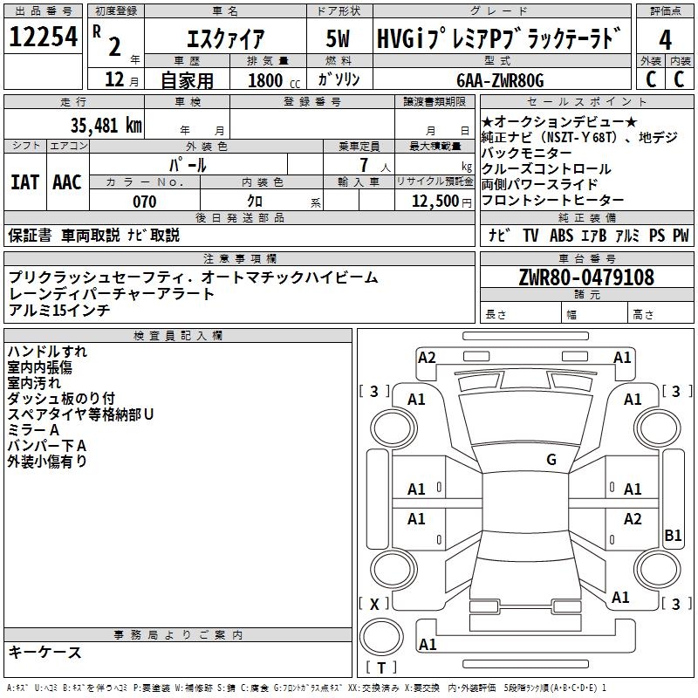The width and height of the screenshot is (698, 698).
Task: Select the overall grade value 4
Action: pos(665,40)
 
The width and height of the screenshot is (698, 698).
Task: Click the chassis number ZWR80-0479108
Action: pos(585,277)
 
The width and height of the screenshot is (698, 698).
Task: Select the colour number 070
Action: pos(144,202)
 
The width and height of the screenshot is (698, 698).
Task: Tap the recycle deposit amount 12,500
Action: pos(434,202)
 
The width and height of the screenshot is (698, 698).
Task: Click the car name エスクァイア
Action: pos(225,40)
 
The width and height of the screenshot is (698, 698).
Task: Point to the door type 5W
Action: pos(338,40)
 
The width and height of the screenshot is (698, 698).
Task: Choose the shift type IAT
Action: pos(24,182)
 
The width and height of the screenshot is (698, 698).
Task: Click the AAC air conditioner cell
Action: pos(66,182)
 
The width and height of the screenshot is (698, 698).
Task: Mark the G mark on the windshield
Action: pos(551,460)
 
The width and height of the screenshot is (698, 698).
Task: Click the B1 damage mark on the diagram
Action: pos(673,536)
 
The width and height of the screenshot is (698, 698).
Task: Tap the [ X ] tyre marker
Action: pos(375,604)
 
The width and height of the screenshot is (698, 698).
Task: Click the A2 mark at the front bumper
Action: pos(427,357)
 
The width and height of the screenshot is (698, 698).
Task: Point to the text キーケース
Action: pos(44,652)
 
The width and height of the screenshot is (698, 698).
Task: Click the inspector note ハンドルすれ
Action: pos(47,352)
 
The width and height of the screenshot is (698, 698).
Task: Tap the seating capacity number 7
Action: pos(362,164)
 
